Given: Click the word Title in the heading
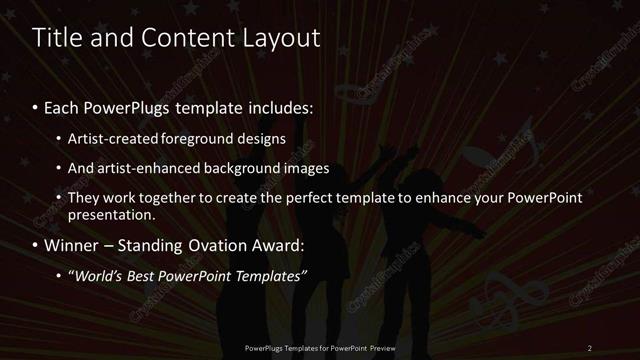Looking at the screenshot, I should (x=57, y=39).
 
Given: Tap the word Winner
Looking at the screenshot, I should (x=73, y=245).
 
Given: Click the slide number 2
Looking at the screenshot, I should (x=590, y=348).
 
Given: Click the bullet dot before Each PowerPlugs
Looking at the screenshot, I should (x=35, y=107).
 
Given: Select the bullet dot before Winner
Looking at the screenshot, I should (x=35, y=245).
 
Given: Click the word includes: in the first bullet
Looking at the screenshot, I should (x=283, y=107).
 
